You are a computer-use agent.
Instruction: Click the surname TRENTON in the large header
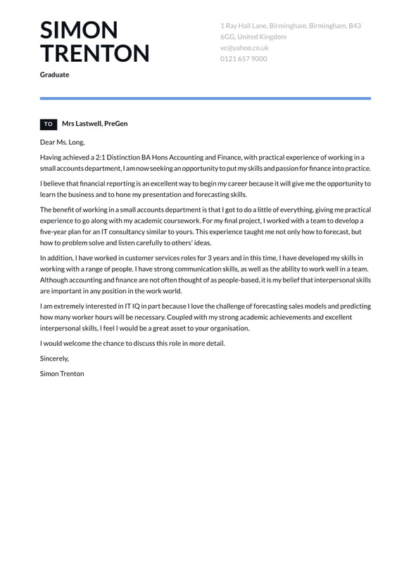tap(94, 53)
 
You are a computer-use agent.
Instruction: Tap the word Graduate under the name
tap(54, 75)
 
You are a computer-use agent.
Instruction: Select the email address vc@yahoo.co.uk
tap(244, 48)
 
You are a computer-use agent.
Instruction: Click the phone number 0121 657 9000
tap(244, 59)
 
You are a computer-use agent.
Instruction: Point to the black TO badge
tap(49, 124)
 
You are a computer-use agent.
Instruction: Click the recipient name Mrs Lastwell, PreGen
tap(95, 124)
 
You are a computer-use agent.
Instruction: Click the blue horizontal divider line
tap(205, 98)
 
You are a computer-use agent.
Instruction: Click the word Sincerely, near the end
tap(55, 359)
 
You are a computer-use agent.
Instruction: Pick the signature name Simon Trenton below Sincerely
tap(62, 373)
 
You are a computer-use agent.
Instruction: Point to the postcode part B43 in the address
tap(354, 25)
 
